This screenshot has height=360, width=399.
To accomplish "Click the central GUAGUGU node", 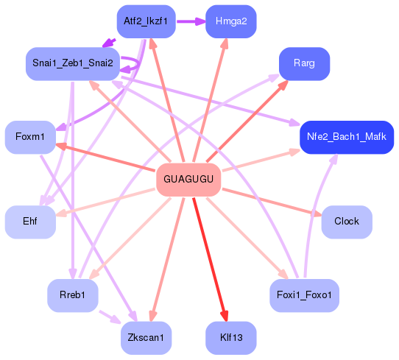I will pos(188,180).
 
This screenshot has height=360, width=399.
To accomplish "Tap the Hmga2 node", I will pos(230,21).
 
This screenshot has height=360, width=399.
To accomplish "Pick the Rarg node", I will pos(304,63).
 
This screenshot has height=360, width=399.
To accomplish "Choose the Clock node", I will pos(346,222).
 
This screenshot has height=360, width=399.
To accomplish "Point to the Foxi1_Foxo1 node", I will pos(304,295).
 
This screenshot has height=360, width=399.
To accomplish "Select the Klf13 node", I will pos(230,337).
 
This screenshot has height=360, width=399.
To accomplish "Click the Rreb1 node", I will pos(72,295).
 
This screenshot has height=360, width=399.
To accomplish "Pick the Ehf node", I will pos(30,222).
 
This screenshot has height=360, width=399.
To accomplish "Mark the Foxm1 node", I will pos(30,137).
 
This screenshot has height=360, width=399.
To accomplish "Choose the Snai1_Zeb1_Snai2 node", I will pos(72,63).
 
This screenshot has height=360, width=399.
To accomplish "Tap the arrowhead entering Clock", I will pos(317,214).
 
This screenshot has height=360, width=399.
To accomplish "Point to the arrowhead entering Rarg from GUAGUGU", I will pos(283,85).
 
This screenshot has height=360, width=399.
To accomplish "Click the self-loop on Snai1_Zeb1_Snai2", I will pos(131,64).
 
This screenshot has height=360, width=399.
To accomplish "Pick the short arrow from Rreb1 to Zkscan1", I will pos(109,317).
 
